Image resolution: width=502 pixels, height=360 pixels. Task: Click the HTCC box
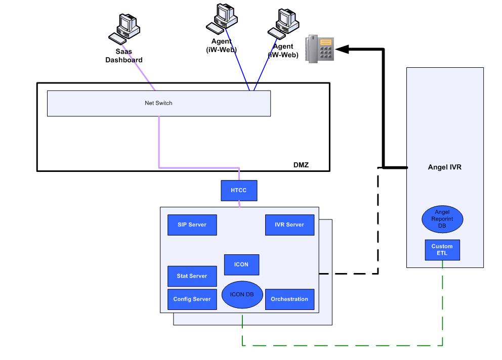(239, 191)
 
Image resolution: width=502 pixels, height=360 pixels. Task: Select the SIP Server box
(192, 225)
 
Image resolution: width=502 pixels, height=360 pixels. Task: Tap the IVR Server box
(289, 225)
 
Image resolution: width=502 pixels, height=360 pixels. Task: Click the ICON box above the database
(241, 264)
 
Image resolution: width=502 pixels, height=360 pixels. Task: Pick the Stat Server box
(192, 276)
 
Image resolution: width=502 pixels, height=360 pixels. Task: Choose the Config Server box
(192, 299)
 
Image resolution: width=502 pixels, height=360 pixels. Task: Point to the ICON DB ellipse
(242, 294)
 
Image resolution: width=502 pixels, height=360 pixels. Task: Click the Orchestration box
(289, 299)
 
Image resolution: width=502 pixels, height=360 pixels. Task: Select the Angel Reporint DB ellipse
(442, 219)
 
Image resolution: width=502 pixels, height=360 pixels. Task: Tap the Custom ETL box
(442, 250)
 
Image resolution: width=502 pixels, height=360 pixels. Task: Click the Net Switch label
(158, 103)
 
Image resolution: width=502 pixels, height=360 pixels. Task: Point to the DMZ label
(301, 165)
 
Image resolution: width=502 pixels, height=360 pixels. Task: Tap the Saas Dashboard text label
(124, 56)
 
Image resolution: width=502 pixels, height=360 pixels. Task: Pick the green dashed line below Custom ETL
(442, 303)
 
